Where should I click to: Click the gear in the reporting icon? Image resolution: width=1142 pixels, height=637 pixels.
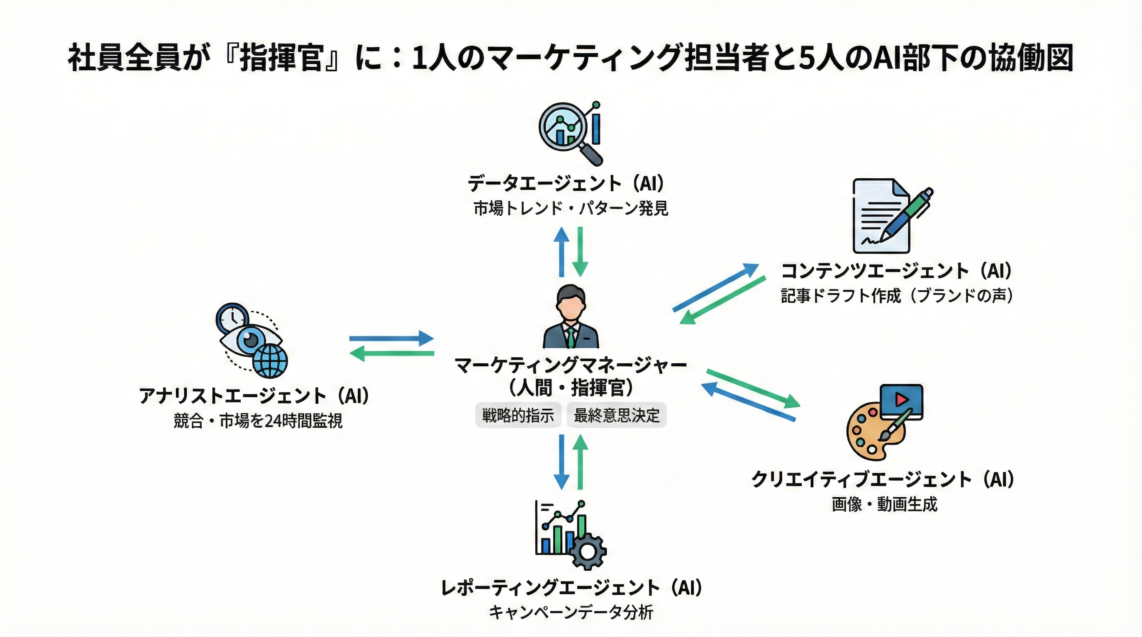coord(588,552)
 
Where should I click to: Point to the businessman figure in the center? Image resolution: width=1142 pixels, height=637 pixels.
coord(571,316)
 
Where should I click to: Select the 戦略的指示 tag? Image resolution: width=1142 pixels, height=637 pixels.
coord(518,415)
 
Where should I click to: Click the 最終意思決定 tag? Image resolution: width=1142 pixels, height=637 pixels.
coord(617,415)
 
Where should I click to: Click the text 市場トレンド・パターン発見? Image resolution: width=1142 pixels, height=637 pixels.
coord(571,208)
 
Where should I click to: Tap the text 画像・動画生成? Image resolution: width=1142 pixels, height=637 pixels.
coord(884,504)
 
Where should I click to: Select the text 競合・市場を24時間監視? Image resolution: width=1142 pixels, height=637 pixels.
coord(258,421)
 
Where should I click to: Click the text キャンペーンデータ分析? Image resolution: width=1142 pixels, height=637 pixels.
coord(571,613)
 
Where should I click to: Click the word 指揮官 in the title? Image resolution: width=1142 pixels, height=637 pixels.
coord(281,59)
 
